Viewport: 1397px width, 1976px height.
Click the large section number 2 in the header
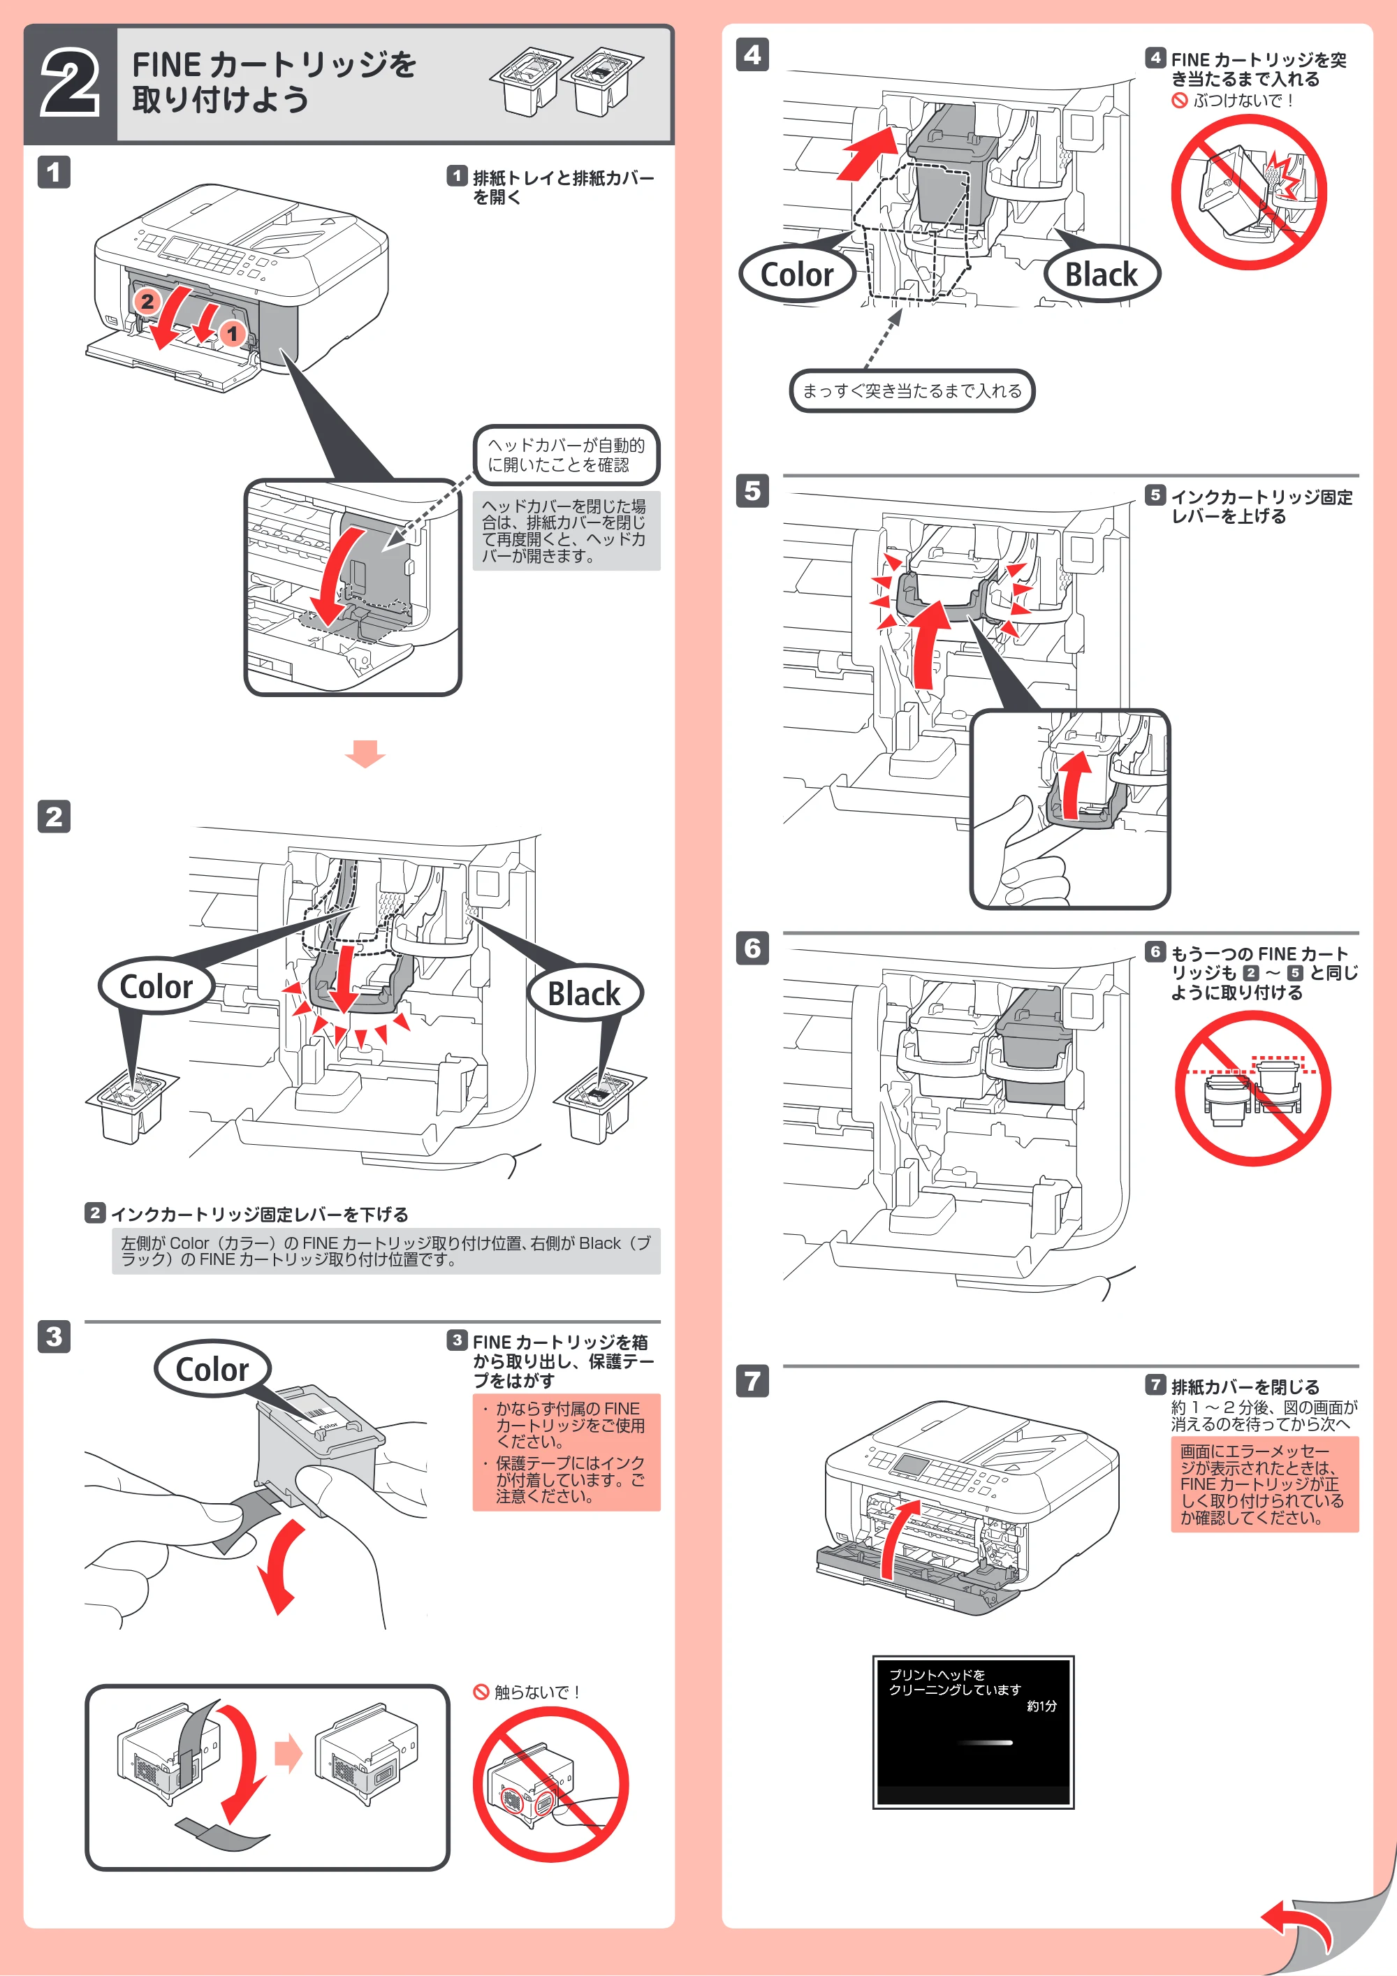(x=71, y=84)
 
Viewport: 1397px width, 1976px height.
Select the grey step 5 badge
(x=752, y=492)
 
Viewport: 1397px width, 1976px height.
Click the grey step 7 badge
(x=752, y=1382)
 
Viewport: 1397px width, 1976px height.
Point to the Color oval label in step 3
(x=212, y=1368)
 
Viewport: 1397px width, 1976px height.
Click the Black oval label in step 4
(x=1102, y=275)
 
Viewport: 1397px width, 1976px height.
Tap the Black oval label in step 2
(x=585, y=993)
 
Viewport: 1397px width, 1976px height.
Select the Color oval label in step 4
(x=797, y=275)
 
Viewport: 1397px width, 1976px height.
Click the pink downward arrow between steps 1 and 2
(x=365, y=753)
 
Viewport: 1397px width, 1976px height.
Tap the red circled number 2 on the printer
(x=147, y=301)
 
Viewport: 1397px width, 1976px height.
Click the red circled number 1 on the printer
(x=231, y=333)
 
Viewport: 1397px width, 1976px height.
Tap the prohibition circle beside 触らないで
(x=551, y=1786)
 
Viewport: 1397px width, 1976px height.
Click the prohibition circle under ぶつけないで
(x=1249, y=192)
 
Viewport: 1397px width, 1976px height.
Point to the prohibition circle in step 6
(x=1253, y=1089)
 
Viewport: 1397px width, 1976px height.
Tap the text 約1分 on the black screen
(x=1041, y=1706)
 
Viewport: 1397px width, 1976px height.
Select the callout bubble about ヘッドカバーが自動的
(x=566, y=455)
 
